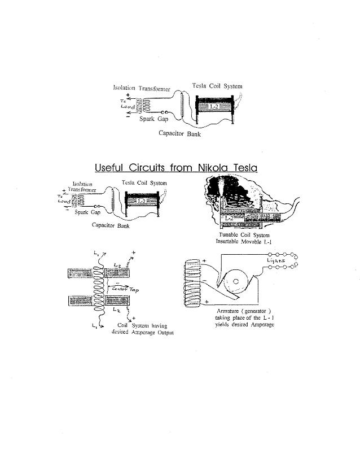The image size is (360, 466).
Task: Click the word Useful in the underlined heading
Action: click(x=108, y=167)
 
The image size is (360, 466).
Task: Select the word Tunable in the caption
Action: click(x=229, y=235)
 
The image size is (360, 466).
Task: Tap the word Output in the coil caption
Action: click(x=163, y=333)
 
